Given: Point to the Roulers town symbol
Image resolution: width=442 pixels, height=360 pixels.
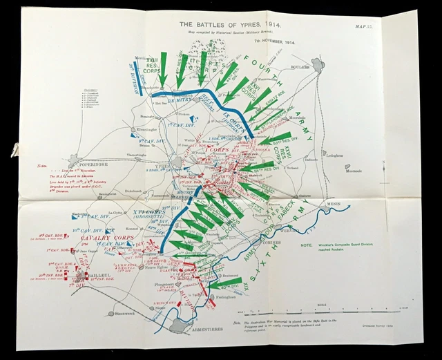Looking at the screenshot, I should point(317,65).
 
